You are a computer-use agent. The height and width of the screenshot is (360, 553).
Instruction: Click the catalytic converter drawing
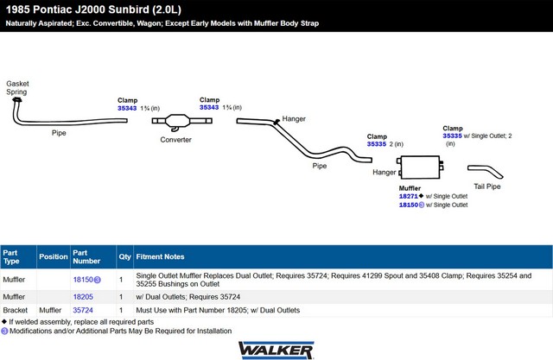pyautogui.click(x=181, y=122)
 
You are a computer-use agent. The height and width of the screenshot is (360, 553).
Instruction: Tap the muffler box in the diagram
pyautogui.click(x=420, y=167)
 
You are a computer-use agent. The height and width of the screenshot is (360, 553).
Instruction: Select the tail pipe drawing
pyautogui.click(x=486, y=171)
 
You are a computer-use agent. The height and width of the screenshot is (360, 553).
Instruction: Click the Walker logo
pyautogui.click(x=276, y=351)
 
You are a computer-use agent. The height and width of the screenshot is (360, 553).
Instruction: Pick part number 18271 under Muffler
pyautogui.click(x=408, y=196)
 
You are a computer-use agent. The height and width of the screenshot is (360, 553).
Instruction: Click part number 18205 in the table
pyautogui.click(x=83, y=297)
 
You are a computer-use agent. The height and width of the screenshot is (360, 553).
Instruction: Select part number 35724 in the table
pyautogui.click(x=83, y=310)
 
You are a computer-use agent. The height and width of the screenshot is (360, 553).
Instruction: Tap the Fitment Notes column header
pyautogui.click(x=160, y=256)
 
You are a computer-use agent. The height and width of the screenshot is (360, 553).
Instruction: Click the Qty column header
pyautogui.click(x=124, y=256)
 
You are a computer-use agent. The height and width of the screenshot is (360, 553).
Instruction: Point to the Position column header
pyautogui.click(x=54, y=256)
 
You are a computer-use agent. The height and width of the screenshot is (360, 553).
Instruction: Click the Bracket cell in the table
pyautogui.click(x=16, y=310)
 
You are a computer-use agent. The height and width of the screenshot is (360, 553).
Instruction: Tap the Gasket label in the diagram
pyautogui.click(x=17, y=84)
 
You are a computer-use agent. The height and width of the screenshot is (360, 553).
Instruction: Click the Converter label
pyautogui.click(x=175, y=140)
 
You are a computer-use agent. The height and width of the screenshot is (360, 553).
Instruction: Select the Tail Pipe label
pyautogui.click(x=487, y=186)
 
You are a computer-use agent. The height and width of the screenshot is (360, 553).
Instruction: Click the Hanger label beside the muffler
pyautogui.click(x=384, y=173)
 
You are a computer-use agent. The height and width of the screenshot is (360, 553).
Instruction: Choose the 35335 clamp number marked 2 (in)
pyautogui.click(x=377, y=144)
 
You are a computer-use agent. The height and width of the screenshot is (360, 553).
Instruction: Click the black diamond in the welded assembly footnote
pyautogui.click(x=4, y=322)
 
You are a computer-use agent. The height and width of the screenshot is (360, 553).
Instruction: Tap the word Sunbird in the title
pyautogui.click(x=129, y=9)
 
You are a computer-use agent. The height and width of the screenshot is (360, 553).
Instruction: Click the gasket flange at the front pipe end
pyautogui.click(x=16, y=100)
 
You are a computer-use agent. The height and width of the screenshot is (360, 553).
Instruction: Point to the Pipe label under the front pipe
pyautogui.click(x=59, y=133)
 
